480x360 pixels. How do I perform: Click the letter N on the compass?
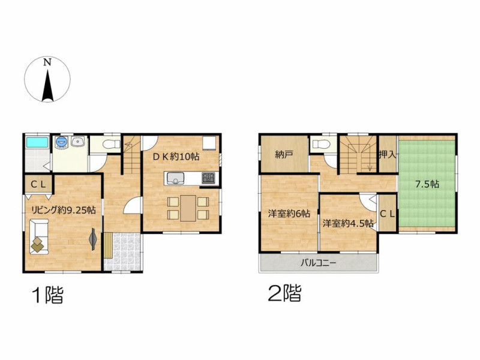(x=47, y=62)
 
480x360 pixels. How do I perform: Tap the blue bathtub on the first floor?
(x=37, y=142)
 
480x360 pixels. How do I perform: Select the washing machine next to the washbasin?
(x=62, y=142)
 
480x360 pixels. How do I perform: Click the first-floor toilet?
(x=111, y=144)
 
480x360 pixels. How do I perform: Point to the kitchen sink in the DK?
(x=175, y=178)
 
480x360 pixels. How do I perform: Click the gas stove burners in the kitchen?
(x=208, y=178)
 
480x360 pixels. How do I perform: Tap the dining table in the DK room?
(x=188, y=208)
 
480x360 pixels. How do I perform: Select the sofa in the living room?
(x=39, y=236)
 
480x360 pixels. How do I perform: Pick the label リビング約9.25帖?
(x=64, y=211)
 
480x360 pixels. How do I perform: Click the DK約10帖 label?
(x=176, y=157)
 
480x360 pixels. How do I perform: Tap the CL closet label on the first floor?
(x=38, y=184)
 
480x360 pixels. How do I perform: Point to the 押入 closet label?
(x=388, y=155)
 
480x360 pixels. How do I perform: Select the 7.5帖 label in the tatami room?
(x=427, y=184)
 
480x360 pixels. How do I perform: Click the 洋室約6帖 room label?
(x=289, y=214)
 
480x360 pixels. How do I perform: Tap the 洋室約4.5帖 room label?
(x=348, y=223)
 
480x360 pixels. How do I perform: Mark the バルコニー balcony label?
(x=318, y=263)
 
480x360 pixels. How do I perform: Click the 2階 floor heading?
(x=284, y=293)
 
